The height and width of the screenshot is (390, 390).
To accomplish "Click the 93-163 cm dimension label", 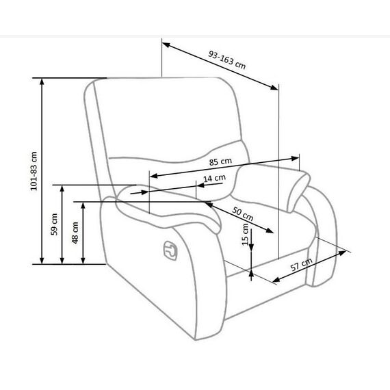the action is pyautogui.click(x=227, y=60).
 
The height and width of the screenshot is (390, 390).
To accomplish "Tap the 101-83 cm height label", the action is pyautogui.click(x=34, y=171).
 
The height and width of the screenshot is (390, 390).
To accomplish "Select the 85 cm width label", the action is pyautogui.click(x=220, y=161).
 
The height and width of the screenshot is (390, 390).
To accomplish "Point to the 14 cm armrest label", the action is pyautogui.click(x=214, y=178).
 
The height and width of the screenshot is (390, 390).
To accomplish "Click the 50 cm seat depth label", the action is pyautogui.click(x=243, y=214).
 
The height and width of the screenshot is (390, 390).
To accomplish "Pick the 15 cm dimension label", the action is pyautogui.click(x=245, y=234).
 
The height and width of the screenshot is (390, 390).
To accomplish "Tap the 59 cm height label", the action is pyautogui.click(x=54, y=224).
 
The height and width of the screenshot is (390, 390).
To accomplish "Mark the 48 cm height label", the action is pyautogui.click(x=75, y=233).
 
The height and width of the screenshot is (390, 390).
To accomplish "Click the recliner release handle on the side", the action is pyautogui.click(x=170, y=250).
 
